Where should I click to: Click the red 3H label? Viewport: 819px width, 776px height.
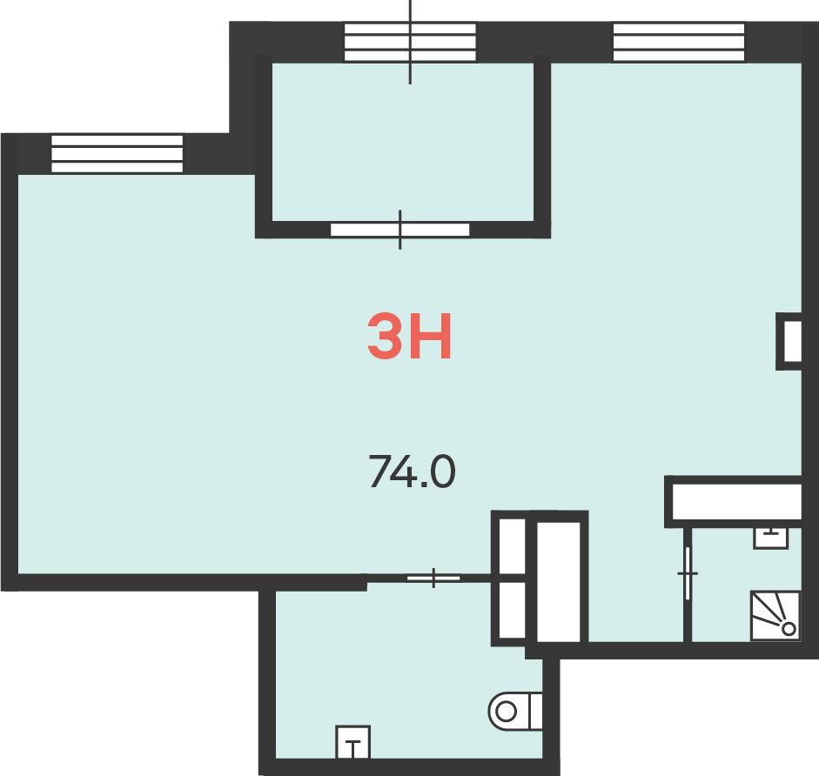pyautogui.click(x=409, y=337)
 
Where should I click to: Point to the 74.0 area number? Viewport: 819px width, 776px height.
pyautogui.click(x=413, y=471)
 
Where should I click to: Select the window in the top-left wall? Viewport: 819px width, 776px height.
pyautogui.click(x=117, y=153)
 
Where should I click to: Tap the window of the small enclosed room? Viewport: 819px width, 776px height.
pyautogui.click(x=410, y=42)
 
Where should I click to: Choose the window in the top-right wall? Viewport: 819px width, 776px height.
pyautogui.click(x=679, y=42)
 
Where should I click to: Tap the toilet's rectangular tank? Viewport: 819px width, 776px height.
pyautogui.click(x=536, y=711)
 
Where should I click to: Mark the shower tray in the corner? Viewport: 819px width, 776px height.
pyautogui.click(x=775, y=616)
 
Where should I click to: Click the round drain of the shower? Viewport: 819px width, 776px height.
pyautogui.click(x=789, y=629)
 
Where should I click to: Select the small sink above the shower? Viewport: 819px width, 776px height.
pyautogui.click(x=770, y=539)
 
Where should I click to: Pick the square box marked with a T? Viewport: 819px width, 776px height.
pyautogui.click(x=353, y=742)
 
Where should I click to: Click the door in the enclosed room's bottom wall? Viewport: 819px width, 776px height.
pyautogui.click(x=400, y=230)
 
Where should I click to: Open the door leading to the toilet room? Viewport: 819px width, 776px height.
pyautogui.click(x=433, y=578)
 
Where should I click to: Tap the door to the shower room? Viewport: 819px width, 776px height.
pyautogui.click(x=688, y=573)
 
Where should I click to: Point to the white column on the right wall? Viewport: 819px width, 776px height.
pyautogui.click(x=793, y=341)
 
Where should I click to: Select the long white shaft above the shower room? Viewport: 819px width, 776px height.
pyautogui.click(x=736, y=502)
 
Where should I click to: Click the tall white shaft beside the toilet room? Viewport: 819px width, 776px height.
pyautogui.click(x=559, y=582)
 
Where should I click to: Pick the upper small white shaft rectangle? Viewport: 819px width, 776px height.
pyautogui.click(x=512, y=546)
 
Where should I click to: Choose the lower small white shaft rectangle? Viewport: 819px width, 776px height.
pyautogui.click(x=512, y=610)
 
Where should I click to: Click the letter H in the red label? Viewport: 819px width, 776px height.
pyautogui.click(x=431, y=337)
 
